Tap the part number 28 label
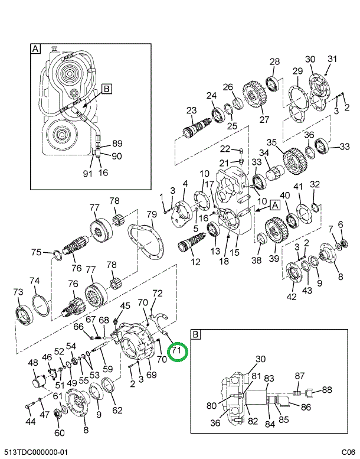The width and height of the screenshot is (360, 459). point(274,62)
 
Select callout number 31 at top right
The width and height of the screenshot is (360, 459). point(332,58)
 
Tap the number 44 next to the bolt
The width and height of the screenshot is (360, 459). point(30,422)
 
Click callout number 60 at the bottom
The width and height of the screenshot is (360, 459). point(59,433)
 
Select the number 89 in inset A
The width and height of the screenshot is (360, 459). point(117,143)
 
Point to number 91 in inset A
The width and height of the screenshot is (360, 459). point(87,173)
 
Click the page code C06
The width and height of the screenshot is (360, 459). point(348,452)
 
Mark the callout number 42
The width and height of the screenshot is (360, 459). point(292,297)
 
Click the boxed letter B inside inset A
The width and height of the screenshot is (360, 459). point(106,89)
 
